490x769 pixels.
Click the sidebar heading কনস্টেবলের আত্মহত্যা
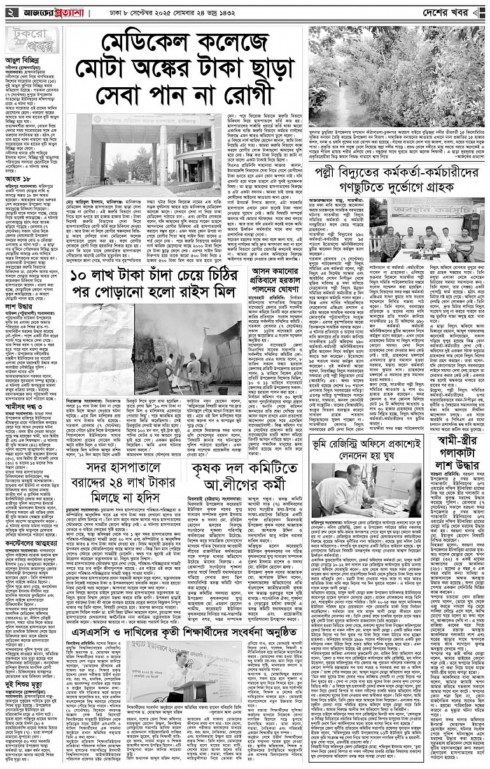(x=32, y=526)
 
